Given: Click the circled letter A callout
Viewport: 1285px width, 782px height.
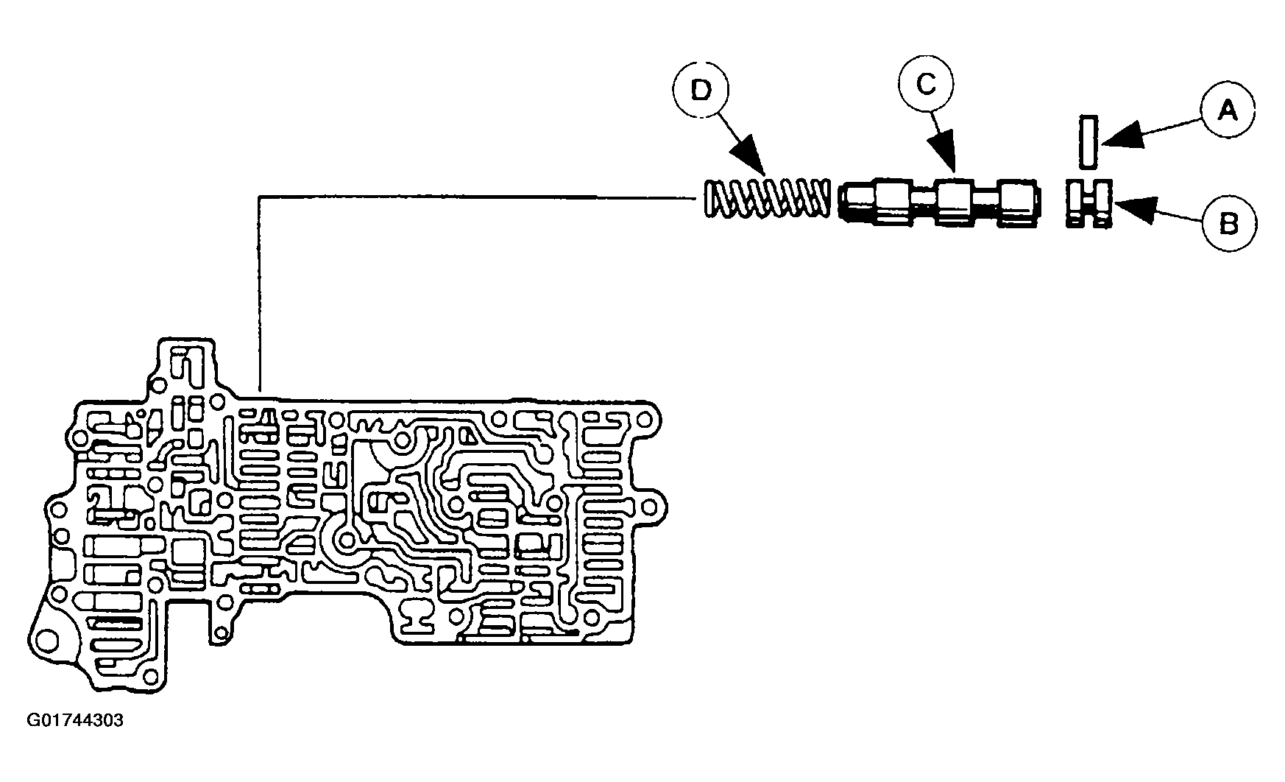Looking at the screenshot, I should [x=1227, y=111].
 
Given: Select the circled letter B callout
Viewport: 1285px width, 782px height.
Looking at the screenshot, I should [x=1229, y=223].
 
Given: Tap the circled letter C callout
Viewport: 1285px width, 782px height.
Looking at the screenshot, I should [x=925, y=85].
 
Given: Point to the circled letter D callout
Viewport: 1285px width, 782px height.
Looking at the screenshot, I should [x=700, y=91].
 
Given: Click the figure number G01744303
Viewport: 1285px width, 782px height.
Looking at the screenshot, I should [x=75, y=720].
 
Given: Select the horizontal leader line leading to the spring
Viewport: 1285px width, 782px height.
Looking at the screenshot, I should [x=478, y=197].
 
